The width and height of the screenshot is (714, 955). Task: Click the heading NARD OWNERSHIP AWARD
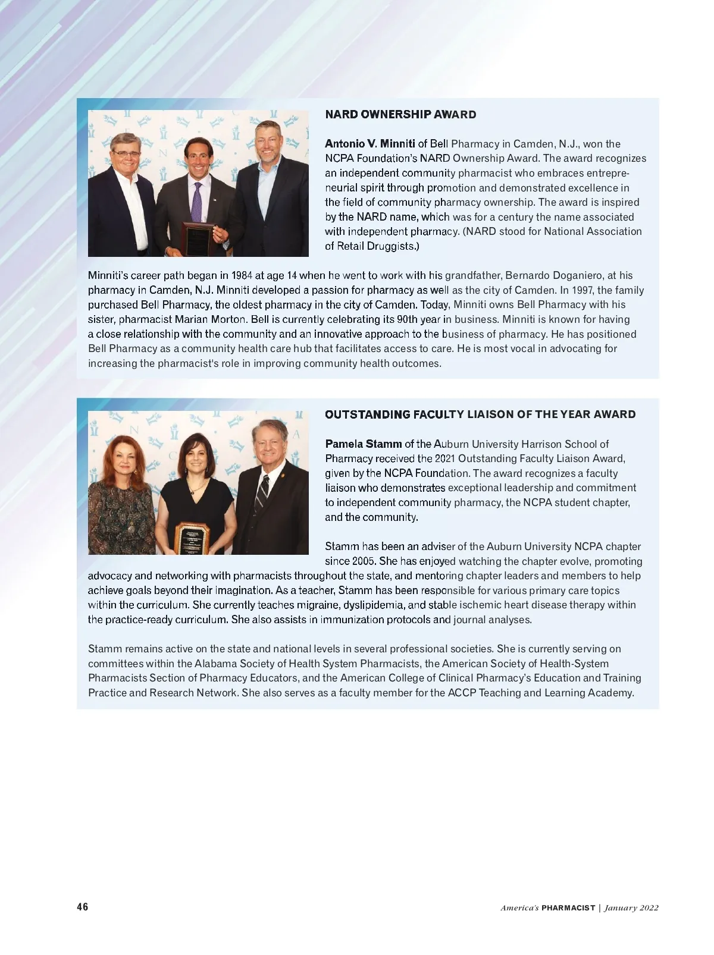click(x=400, y=115)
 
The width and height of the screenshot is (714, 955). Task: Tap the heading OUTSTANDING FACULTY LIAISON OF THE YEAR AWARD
click(x=480, y=414)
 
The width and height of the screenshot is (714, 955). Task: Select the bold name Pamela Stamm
click(x=363, y=444)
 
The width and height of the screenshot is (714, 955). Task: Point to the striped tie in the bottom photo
click(x=261, y=493)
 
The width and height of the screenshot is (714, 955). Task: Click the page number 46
click(x=83, y=907)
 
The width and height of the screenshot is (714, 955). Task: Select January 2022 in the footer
click(x=631, y=907)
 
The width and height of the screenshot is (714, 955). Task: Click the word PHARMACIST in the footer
click(x=568, y=907)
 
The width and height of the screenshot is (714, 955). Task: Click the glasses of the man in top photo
click(x=126, y=153)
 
